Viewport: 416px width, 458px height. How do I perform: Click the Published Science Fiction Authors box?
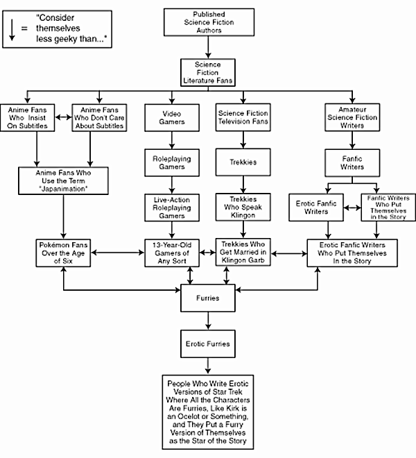208,22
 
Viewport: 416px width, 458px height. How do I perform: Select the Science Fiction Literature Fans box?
208,71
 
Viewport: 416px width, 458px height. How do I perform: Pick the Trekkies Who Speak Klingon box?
237,206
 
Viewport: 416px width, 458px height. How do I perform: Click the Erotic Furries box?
208,343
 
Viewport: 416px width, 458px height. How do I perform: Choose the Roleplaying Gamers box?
166,163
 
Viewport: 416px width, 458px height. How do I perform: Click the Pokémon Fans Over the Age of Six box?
63,253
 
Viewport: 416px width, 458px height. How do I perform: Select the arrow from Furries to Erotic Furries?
208,321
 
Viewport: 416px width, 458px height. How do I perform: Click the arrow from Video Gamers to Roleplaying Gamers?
166,139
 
